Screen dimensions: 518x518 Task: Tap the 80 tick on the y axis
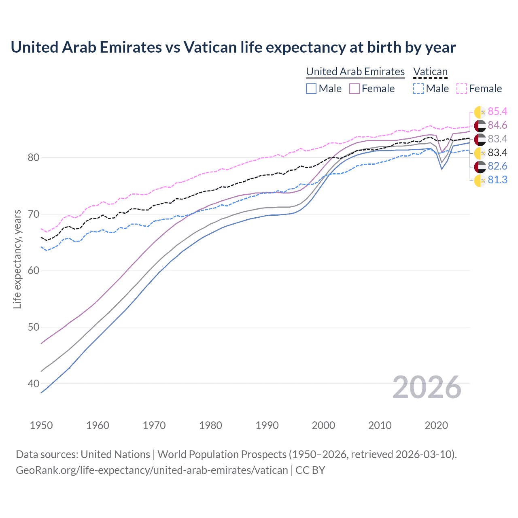pos(33,157)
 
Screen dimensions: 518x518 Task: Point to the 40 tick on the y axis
pos(33,383)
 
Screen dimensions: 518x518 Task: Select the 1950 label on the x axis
pos(41,425)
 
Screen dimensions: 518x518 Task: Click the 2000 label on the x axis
pos(323,425)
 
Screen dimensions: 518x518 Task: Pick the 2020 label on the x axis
pos(436,425)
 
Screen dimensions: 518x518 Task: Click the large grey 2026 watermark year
pos(427,387)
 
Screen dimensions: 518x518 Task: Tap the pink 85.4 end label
pos(497,111)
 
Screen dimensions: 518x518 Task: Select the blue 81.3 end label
pos(497,180)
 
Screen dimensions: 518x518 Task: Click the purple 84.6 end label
pos(497,125)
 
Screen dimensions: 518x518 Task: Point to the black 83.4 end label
pos(497,153)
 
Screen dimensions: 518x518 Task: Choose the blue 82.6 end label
pos(497,166)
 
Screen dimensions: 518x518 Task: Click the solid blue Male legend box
pos(311,89)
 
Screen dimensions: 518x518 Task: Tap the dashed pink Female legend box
pos(461,89)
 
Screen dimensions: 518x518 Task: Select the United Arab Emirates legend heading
pos(355,72)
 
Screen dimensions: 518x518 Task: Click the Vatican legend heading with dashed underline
pos(430,72)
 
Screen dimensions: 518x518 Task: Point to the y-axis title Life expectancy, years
pos(17,259)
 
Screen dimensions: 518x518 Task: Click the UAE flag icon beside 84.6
pos(480,125)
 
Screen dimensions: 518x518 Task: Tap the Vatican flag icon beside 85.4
pos(480,112)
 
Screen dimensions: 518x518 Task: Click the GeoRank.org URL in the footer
pos(152,470)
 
